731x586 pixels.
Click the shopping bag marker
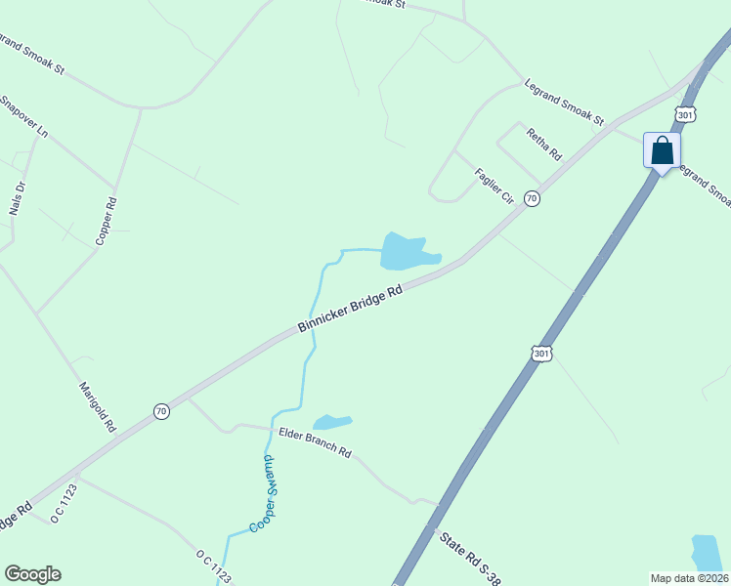(662, 152)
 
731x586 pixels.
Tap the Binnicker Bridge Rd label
(351, 309)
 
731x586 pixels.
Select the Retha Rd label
(544, 145)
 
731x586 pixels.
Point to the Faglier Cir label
(494, 186)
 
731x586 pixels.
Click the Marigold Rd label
(98, 407)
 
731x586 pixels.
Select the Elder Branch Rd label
(315, 442)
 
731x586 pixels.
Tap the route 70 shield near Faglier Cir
(532, 198)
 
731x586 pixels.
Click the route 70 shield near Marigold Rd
(161, 412)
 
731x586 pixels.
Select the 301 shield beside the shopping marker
(685, 115)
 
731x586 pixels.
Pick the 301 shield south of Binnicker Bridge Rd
(542, 353)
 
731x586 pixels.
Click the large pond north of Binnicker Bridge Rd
(404, 252)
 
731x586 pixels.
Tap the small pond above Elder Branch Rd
(331, 422)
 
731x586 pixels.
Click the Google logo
(32, 574)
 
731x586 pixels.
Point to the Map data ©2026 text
(689, 578)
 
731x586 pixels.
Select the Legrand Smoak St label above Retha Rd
(564, 102)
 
